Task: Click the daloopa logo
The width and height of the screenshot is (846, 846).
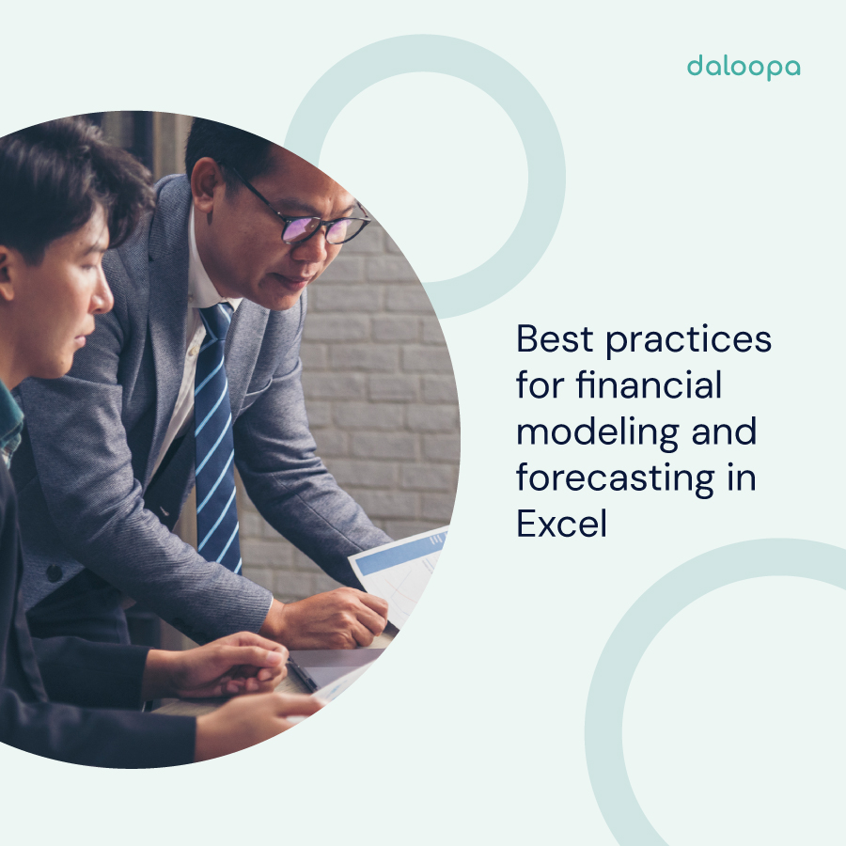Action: tap(743, 67)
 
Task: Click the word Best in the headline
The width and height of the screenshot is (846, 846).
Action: tap(555, 339)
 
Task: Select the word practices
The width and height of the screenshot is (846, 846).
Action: tap(689, 340)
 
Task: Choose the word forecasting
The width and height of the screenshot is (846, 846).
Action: tap(616, 478)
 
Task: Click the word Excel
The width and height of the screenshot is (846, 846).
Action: tap(561, 524)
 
